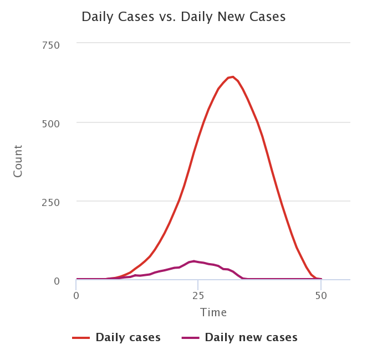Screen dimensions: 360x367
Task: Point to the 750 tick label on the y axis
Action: coord(52,44)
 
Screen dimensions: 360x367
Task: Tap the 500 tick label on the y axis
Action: coord(52,123)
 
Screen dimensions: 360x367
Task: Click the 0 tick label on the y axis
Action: coord(57,280)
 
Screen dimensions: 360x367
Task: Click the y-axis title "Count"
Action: coord(18,161)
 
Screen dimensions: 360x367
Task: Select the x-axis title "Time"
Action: coord(213,313)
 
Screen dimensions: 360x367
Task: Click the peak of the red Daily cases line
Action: coord(232,76)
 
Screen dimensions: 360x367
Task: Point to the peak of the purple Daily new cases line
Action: coord(193,261)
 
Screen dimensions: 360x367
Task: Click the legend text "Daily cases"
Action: coord(128,337)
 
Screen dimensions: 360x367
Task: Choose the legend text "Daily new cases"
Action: coord(251,337)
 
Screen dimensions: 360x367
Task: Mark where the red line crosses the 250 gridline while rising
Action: coord(179,201)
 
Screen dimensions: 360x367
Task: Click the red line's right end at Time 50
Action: coord(321,279)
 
